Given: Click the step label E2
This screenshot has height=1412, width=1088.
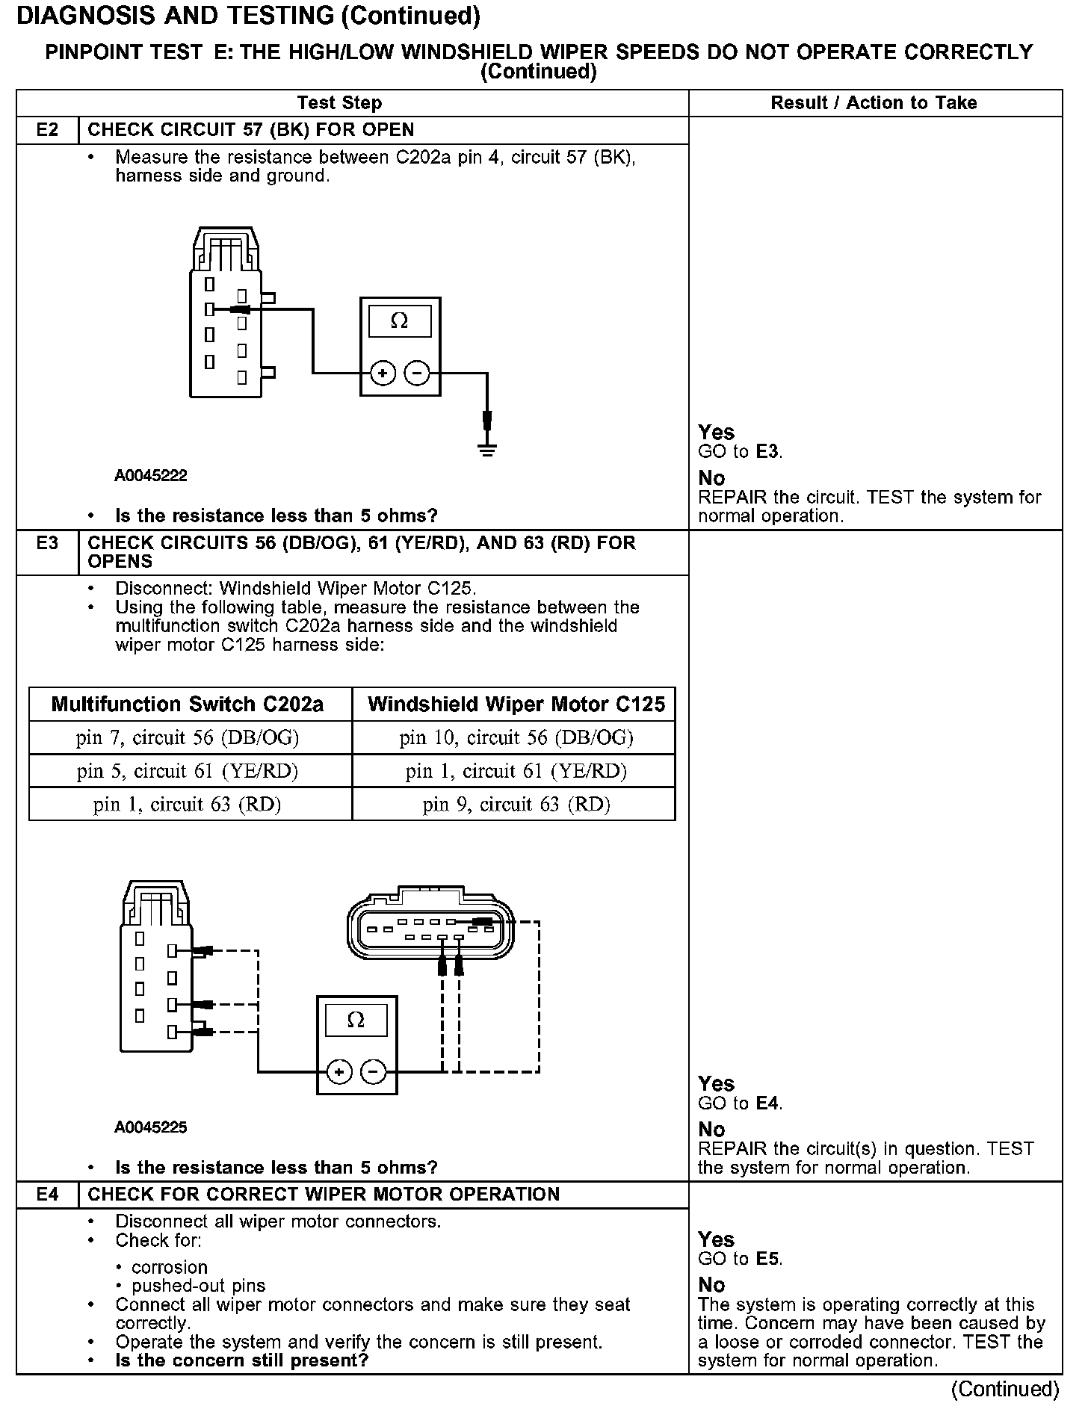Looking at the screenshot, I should click(x=47, y=130).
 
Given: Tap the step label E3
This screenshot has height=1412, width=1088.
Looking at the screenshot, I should click(x=47, y=543).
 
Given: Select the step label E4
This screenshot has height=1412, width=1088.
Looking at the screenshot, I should click(x=47, y=1195).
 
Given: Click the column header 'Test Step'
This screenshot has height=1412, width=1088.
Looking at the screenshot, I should click(x=339, y=103).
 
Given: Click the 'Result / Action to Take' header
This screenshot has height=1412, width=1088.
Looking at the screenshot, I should click(x=874, y=103).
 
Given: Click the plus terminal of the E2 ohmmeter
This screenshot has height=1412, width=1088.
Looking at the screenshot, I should click(x=383, y=373).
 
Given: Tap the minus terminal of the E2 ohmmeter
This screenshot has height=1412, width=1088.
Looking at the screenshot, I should click(x=417, y=373).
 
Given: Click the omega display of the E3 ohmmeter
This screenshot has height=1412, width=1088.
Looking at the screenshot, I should click(x=356, y=1020).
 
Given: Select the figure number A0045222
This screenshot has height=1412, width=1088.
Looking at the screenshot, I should click(x=151, y=476).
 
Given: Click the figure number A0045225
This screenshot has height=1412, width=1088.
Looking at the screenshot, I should click(x=151, y=1127).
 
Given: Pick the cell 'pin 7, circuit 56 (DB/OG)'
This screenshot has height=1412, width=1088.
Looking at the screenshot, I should click(x=188, y=738).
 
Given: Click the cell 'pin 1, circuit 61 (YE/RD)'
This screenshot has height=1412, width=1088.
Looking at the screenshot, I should click(x=516, y=771).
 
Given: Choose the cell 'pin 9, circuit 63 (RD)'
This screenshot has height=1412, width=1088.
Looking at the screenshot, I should click(x=516, y=804).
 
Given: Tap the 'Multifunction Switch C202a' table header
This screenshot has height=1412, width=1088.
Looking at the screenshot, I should click(x=188, y=705).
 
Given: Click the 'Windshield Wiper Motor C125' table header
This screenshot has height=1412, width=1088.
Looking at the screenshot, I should click(x=516, y=705).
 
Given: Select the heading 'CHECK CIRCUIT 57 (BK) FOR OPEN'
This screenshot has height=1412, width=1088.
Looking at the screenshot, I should click(x=251, y=130).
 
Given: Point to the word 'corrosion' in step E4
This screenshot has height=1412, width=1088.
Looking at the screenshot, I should click(x=170, y=1267).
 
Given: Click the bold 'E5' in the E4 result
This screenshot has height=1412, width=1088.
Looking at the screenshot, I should click(x=768, y=1259).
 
